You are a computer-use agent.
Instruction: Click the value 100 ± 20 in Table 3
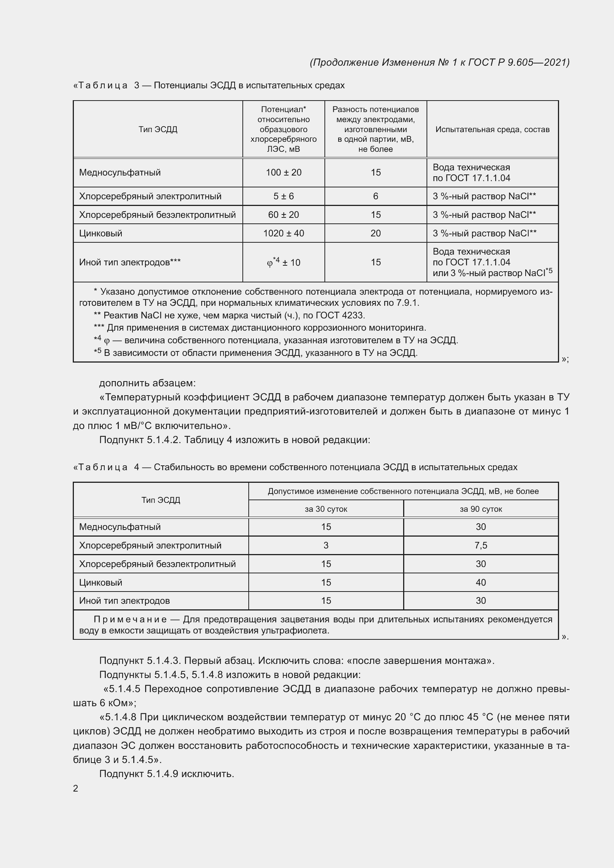[x=283, y=173]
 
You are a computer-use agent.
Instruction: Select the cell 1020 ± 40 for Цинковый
[x=283, y=233]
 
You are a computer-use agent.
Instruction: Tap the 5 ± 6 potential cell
[x=283, y=196]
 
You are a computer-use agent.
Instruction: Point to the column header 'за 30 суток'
[x=326, y=509]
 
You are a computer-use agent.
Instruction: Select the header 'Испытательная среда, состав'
[x=492, y=129]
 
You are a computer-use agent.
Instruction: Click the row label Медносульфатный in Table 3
[x=120, y=173]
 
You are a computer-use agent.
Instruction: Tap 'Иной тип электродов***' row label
[x=130, y=262]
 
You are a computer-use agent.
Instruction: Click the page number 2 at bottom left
[x=76, y=788]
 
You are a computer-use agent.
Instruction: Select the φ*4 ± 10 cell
[x=283, y=262]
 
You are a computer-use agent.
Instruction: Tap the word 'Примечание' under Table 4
[x=130, y=619]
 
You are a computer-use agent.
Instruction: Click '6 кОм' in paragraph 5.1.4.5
[x=113, y=703]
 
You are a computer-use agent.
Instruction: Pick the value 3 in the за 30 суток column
[x=326, y=545]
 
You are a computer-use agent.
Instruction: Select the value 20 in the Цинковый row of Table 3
[x=375, y=233]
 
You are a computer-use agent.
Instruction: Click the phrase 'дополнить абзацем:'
[x=147, y=383]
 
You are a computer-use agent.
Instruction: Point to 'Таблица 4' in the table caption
[x=106, y=467]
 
